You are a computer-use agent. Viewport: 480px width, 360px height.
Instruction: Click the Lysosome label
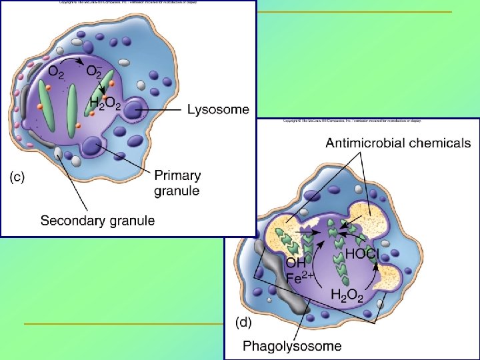tap(218, 109)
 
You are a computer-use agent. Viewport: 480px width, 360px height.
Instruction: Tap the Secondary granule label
tap(97, 220)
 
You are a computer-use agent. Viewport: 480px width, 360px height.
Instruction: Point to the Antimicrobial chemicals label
tap(398, 143)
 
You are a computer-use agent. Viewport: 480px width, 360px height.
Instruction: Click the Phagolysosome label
tap(292, 345)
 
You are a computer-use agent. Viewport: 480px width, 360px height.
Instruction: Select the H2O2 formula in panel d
tap(347, 293)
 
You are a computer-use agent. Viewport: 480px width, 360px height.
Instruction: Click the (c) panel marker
tap(17, 177)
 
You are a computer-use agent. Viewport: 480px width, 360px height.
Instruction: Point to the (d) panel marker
tap(246, 322)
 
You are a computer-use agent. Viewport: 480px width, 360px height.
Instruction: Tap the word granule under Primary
tap(177, 191)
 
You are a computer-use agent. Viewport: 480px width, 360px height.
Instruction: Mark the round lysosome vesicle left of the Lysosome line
tap(133, 109)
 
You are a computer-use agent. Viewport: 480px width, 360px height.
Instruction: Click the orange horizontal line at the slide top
tap(353, 12)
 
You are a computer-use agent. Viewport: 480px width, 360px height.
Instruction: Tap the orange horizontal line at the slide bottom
tap(123, 324)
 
